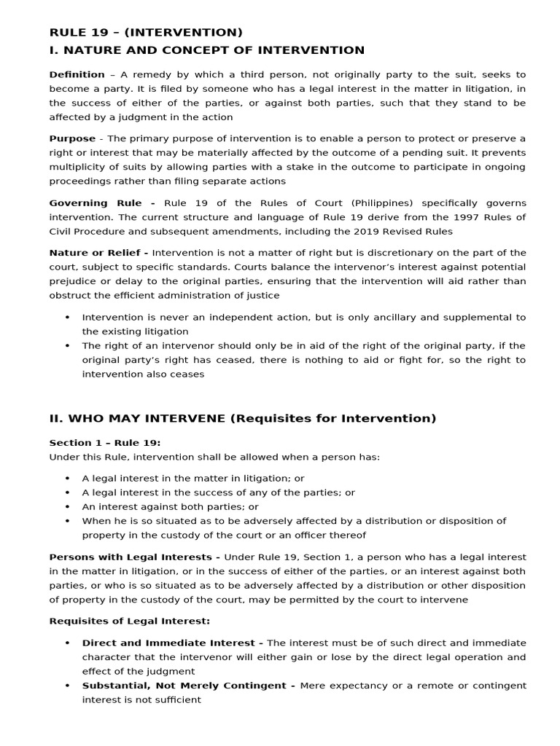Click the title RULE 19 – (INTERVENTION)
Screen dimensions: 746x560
click(146, 32)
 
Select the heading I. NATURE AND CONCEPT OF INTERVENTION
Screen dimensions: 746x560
click(206, 50)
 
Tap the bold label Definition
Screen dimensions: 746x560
click(77, 74)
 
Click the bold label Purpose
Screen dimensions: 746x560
click(72, 138)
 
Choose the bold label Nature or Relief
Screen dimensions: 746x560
click(98, 253)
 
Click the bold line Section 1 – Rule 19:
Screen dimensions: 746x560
click(105, 443)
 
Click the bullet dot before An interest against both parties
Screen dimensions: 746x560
click(68, 507)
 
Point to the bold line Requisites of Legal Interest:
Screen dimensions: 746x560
click(129, 621)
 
